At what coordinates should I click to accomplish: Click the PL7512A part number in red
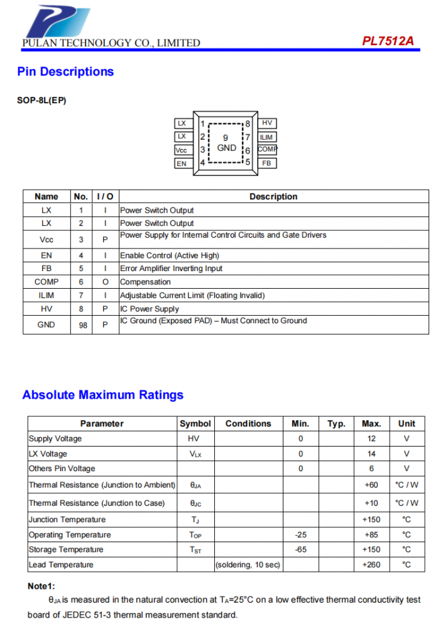[388, 41]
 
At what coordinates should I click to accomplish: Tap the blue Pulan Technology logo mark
[58, 21]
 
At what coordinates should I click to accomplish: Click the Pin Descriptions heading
[65, 72]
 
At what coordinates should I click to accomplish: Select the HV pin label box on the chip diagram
[267, 123]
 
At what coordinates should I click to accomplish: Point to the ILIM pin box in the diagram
[267, 137]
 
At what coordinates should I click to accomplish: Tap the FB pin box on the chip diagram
[267, 164]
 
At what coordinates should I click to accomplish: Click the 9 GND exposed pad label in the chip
[226, 143]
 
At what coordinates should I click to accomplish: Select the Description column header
[273, 196]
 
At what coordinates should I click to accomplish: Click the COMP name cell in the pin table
[47, 282]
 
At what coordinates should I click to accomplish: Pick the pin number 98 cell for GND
[83, 325]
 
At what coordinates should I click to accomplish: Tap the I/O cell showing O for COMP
[106, 282]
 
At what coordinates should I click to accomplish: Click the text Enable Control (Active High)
[170, 255]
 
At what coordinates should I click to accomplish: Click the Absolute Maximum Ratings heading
[103, 395]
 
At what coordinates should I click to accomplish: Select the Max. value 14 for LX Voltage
[371, 454]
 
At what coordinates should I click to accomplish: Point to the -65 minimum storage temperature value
[300, 550]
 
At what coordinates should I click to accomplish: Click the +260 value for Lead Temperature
[371, 565]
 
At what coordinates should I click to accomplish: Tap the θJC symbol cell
[195, 503]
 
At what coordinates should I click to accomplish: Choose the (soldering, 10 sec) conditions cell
[248, 565]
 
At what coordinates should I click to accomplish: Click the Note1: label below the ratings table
[41, 586]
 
